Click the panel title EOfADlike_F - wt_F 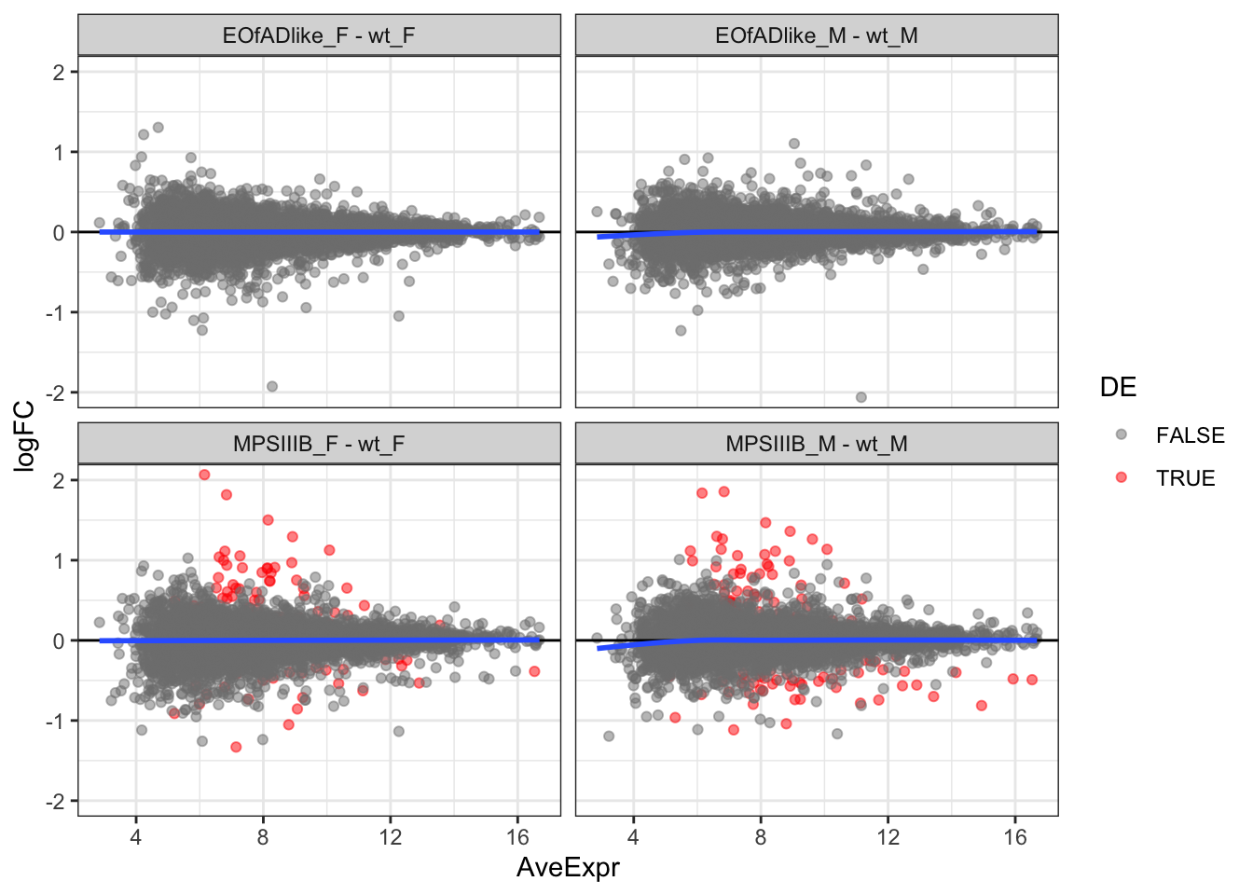point(319,35)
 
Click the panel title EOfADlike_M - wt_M point(816,35)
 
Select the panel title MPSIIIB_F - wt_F point(319,444)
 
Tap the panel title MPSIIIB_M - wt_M point(816,444)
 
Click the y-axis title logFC point(24,435)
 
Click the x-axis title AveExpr point(568,868)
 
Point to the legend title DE point(1118,388)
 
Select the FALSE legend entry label point(1190,435)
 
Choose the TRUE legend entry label point(1185,478)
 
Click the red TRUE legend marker point(1121,477)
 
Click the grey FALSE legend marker point(1121,434)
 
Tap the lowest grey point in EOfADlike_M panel point(861,397)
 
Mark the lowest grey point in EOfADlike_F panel point(272,386)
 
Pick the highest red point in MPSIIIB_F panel point(204,475)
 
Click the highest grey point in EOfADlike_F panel point(158,127)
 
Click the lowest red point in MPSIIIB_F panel point(236,747)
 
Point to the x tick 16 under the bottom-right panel point(1015,836)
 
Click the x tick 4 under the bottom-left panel point(136,836)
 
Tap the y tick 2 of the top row point(60,72)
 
